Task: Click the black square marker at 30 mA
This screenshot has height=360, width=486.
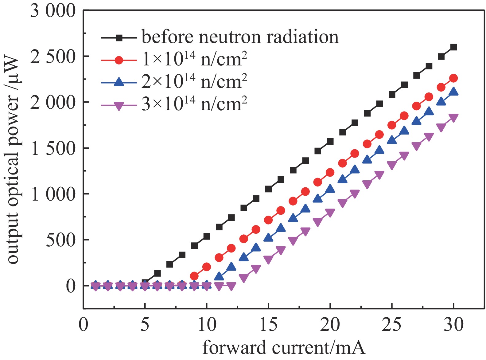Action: click(453, 47)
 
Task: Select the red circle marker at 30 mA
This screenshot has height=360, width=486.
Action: click(453, 78)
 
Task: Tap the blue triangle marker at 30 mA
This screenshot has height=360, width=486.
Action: click(453, 92)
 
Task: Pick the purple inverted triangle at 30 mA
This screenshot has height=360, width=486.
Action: click(453, 118)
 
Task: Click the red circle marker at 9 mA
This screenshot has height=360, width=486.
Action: click(194, 276)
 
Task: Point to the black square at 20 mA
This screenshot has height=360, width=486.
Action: click(330, 142)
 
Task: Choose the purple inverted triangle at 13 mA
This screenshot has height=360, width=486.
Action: click(243, 278)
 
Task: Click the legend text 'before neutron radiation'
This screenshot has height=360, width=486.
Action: click(240, 37)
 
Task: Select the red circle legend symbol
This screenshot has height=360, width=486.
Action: click(119, 60)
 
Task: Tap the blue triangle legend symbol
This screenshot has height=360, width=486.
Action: click(119, 82)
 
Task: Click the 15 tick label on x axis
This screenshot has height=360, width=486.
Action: click(268, 325)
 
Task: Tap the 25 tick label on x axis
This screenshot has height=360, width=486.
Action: click(391, 325)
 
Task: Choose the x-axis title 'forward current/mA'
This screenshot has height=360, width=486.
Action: click(284, 348)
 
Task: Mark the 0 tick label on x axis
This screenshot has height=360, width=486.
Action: click(84, 325)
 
